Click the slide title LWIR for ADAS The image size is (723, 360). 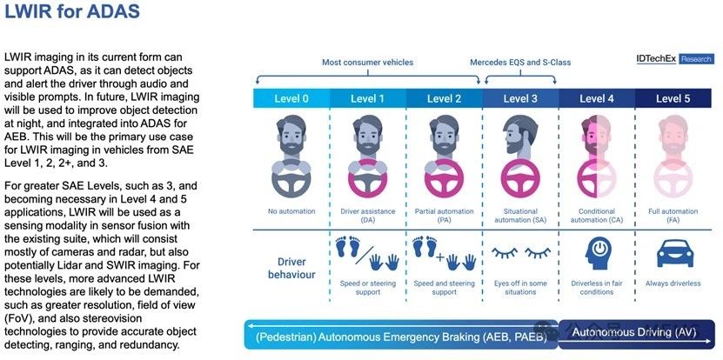[71, 11]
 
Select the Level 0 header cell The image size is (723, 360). [291, 98]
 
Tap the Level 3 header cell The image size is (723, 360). [520, 98]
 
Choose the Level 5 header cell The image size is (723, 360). [673, 98]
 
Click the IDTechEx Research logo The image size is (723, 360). [674, 58]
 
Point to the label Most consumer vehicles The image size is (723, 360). [367, 62]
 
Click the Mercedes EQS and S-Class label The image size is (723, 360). [520, 62]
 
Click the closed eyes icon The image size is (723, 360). [520, 252]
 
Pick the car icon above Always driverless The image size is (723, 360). [674, 252]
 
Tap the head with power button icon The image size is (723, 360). [598, 253]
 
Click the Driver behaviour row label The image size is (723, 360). [291, 269]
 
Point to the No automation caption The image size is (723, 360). [291, 211]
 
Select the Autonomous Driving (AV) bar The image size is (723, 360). [636, 333]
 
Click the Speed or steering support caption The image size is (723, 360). [367, 288]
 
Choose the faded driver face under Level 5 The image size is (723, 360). [673, 135]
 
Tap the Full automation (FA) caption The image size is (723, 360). [673, 216]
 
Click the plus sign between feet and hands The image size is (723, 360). [440, 257]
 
